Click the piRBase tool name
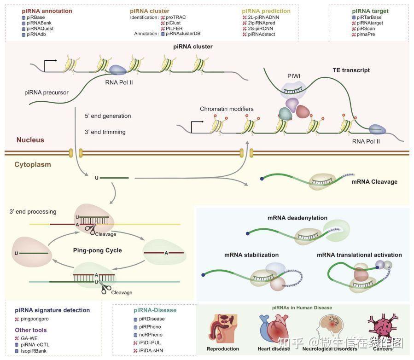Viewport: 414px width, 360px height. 35,17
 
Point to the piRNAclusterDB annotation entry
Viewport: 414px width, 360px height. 183,34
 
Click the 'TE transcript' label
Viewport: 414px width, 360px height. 351,70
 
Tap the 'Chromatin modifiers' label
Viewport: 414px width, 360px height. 227,109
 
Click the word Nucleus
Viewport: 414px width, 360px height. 30,140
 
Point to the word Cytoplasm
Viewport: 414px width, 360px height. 32,164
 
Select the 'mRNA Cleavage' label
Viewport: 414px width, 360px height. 374,182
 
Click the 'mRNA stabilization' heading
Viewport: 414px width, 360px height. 251,255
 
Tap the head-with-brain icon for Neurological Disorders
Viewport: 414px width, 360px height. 330,327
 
